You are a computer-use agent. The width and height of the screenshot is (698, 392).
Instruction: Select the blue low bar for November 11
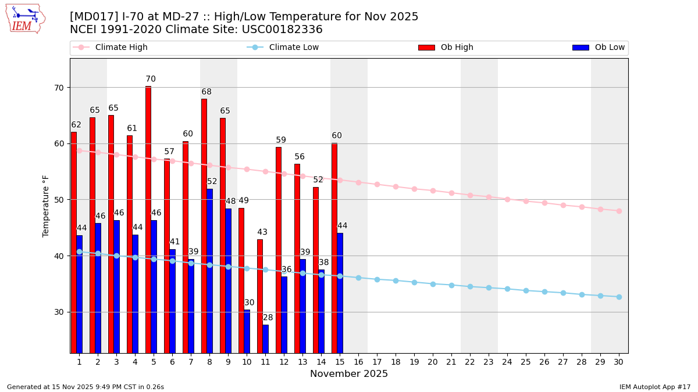(266, 339)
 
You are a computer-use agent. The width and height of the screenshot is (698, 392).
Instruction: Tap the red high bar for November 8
(204, 226)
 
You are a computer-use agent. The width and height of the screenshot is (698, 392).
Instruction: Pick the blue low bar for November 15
(340, 293)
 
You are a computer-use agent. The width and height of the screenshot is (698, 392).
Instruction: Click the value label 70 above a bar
(151, 79)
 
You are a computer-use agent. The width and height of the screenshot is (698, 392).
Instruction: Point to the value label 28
(268, 318)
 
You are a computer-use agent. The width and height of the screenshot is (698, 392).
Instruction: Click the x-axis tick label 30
(618, 362)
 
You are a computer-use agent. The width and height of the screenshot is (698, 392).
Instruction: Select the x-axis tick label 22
(470, 362)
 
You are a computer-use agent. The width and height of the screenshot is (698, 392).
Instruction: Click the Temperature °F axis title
(46, 206)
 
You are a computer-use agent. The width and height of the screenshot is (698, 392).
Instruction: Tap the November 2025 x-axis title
(349, 374)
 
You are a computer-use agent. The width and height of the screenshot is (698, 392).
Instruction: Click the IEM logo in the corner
(25, 18)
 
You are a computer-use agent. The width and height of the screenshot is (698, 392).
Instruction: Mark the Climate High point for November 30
(619, 211)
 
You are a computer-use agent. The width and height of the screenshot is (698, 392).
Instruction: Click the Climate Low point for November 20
(433, 284)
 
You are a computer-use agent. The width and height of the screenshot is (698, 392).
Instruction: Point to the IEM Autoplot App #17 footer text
(654, 387)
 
